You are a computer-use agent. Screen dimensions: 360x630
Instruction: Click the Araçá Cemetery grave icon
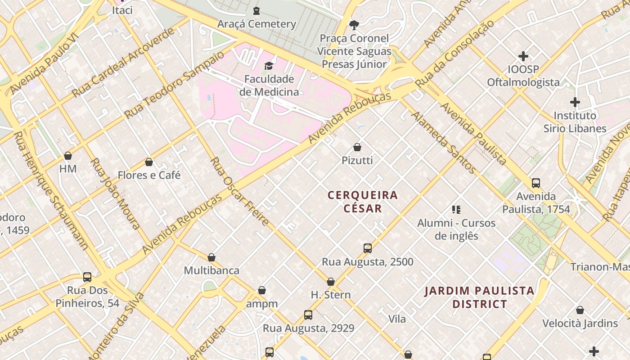tap(256, 10)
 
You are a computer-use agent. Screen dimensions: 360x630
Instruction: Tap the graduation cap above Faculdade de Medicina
tap(269, 66)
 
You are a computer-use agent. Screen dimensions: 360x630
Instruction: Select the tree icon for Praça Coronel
tap(354, 24)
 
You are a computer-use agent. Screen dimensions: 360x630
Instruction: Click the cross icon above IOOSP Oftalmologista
tap(523, 56)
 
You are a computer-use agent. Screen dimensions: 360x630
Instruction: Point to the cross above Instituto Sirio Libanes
tap(575, 102)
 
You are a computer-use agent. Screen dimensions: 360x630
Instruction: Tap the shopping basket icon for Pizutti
tap(357, 147)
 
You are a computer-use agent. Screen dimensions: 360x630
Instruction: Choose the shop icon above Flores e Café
tap(149, 162)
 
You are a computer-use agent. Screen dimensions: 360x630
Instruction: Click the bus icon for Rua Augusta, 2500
tap(368, 248)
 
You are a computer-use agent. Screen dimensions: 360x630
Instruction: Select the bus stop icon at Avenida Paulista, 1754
tap(535, 183)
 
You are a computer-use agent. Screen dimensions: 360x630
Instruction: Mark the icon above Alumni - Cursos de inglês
tap(456, 210)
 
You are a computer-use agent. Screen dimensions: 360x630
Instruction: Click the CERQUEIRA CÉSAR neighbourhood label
tap(363, 202)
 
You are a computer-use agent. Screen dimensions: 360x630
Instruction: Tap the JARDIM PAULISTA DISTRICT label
tap(479, 297)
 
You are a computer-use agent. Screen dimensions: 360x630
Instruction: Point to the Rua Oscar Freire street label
tap(239, 191)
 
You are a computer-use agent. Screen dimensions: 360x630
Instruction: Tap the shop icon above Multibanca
tap(211, 257)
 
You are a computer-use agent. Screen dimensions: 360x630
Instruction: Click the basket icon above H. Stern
tap(331, 282)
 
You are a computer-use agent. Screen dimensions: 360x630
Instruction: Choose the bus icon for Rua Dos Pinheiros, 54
tap(87, 277)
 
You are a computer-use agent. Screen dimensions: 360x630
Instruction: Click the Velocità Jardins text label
tap(580, 323)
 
